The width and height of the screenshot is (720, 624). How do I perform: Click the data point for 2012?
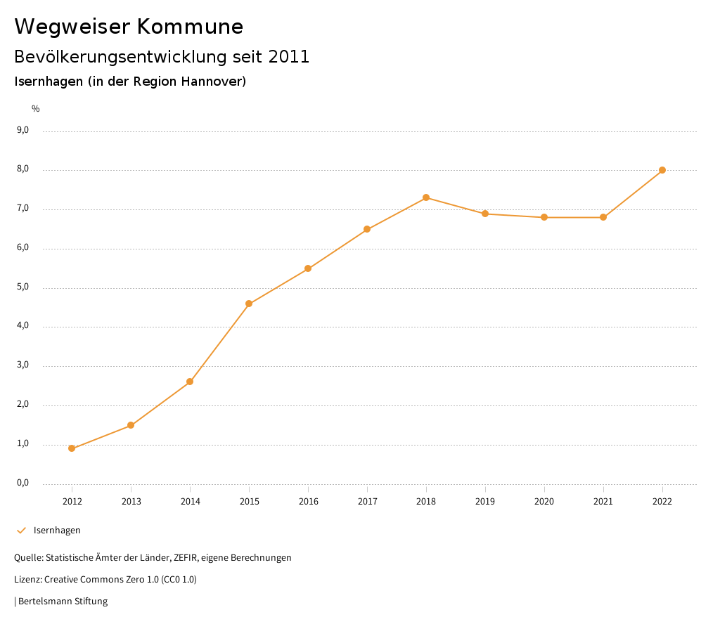point(72,448)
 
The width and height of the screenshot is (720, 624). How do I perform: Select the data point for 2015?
point(249,304)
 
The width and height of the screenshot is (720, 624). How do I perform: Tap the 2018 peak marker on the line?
point(426,197)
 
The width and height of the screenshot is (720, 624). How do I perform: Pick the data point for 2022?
point(662,170)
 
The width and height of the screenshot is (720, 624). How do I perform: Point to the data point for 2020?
point(544,217)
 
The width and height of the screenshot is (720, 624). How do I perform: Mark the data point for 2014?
point(190,382)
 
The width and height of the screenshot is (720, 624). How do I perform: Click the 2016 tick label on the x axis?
point(308,502)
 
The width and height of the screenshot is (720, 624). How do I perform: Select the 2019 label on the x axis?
point(485,502)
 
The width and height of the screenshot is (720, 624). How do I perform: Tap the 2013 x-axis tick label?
point(131,502)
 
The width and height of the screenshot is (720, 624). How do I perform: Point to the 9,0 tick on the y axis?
point(22,130)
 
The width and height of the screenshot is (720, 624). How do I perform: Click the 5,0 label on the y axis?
point(22,287)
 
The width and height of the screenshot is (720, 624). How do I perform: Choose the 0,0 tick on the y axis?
point(22,483)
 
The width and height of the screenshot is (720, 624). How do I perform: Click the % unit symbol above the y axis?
point(36,109)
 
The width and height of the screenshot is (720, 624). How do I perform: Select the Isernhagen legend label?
point(57,531)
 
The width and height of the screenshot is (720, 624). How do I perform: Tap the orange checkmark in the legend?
point(21,531)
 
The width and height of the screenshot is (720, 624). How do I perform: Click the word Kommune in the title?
point(190,27)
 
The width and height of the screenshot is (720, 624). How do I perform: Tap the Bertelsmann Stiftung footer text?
point(63,602)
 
